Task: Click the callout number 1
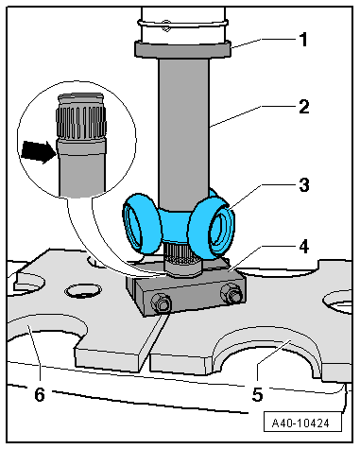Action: click(303, 40)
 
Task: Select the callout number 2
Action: click(304, 107)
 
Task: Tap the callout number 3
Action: click(304, 185)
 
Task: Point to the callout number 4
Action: click(304, 247)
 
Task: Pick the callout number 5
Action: click(257, 394)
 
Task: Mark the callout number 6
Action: click(40, 394)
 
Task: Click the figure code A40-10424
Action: click(300, 423)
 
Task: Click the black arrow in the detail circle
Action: click(38, 151)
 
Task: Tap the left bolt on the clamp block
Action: click(161, 303)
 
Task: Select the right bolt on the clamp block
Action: click(231, 293)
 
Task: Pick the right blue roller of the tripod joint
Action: click(213, 230)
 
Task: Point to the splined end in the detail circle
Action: click(80, 117)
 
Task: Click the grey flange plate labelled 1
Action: click(183, 50)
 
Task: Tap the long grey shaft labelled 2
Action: click(183, 132)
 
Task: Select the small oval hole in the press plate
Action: click(83, 291)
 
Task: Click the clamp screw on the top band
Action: click(165, 26)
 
